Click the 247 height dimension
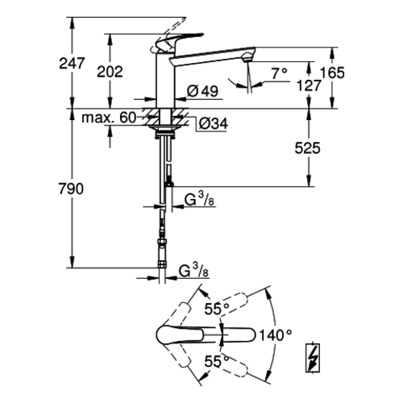72,63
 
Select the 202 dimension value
110,72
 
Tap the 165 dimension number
332,73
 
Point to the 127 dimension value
309,85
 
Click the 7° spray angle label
280,73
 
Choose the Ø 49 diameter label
203,91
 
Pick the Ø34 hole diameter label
214,124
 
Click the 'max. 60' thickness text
109,118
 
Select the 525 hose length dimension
308,148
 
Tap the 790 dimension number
71,189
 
